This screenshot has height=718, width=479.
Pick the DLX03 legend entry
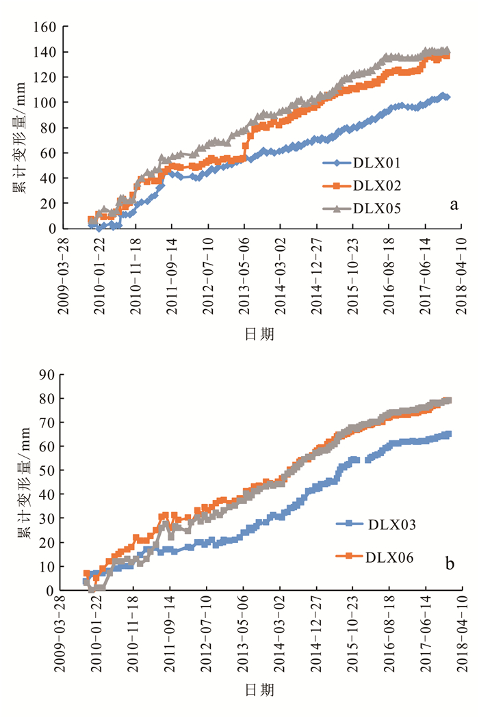tap(390, 524)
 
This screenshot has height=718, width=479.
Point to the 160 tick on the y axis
tap(45, 27)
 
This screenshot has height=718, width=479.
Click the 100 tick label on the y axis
tap(45, 103)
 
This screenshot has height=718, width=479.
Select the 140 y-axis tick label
tap(45, 53)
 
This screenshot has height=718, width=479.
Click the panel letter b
tap(450, 564)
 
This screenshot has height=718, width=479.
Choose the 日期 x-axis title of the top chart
tap(260, 334)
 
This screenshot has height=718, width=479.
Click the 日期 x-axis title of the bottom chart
tap(260, 691)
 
